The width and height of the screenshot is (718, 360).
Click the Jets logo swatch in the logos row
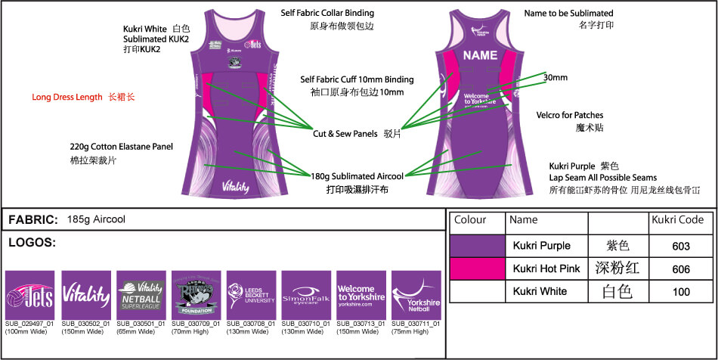click(x=29, y=295)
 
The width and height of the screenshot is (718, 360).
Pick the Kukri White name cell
click(x=542, y=292)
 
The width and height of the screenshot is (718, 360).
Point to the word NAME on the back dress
click(x=480, y=55)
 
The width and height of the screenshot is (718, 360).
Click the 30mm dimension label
click(x=556, y=77)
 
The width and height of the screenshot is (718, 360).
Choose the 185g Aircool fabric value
click(x=96, y=219)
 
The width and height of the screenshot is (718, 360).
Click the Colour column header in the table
click(x=469, y=220)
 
